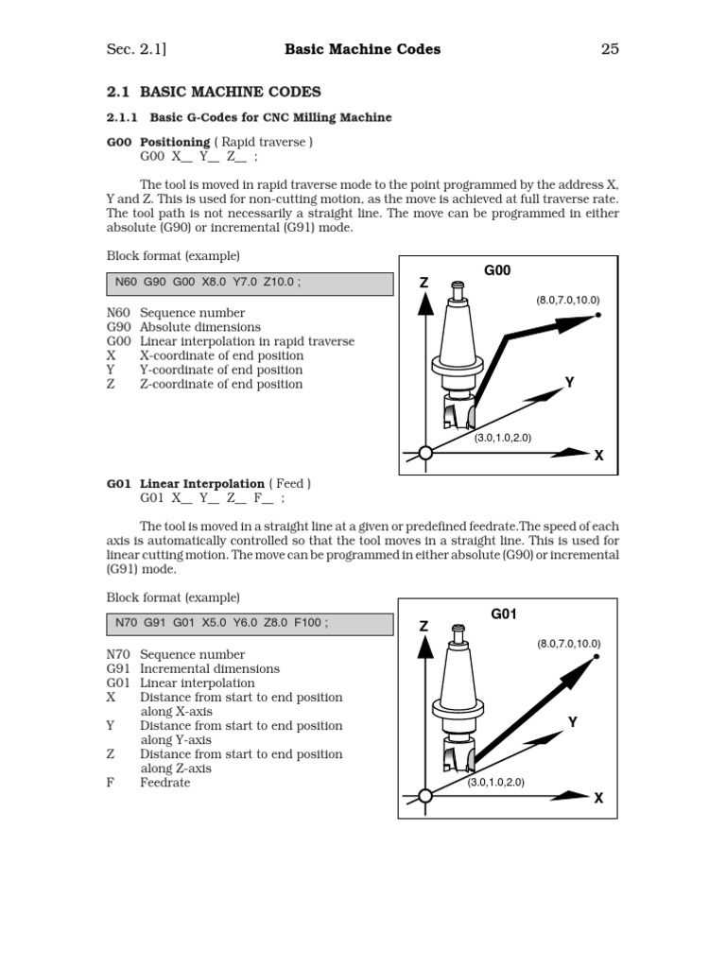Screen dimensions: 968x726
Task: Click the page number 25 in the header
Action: coord(610,49)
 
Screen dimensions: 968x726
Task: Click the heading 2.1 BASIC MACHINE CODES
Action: coord(214,93)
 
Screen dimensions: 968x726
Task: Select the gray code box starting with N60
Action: coord(250,284)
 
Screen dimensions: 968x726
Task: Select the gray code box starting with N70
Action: coord(250,625)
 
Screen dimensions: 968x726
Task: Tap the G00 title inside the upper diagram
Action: coord(497,270)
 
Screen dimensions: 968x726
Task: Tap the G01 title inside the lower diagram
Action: coord(504,614)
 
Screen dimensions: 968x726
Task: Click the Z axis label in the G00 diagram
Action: coord(423,284)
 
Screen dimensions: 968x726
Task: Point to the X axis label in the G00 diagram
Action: coord(598,456)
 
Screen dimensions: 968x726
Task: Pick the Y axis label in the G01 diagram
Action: coord(572,722)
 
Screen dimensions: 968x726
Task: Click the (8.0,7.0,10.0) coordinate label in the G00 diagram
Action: coord(568,300)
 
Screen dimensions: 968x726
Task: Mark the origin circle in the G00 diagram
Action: coord(425,454)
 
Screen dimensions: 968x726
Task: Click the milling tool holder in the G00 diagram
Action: coord(458,340)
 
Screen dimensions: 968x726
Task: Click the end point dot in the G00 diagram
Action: coord(599,315)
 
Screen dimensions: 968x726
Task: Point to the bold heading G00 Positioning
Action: coord(159,142)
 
